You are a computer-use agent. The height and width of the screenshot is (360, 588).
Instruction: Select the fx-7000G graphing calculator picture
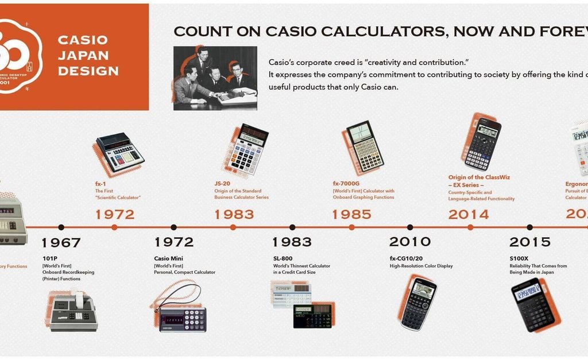(364, 146)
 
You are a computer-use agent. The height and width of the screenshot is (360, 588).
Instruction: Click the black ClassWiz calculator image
(482, 143)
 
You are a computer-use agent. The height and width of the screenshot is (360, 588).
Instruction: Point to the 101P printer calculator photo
(72, 310)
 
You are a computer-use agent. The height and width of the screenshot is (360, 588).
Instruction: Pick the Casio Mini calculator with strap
(182, 313)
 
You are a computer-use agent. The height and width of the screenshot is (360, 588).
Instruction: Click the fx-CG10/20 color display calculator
(418, 303)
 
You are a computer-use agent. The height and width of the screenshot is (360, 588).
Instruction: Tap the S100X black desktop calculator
(533, 304)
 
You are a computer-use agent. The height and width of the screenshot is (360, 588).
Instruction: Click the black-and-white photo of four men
(215, 78)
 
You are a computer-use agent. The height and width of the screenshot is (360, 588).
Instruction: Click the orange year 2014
(469, 215)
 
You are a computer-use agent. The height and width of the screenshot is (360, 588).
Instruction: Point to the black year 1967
(61, 242)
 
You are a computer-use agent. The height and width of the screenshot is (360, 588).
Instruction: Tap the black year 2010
(410, 242)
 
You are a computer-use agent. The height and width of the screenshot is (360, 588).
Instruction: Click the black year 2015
(529, 242)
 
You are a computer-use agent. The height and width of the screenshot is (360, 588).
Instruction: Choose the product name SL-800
(283, 258)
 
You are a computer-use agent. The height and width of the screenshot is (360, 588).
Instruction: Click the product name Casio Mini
(168, 258)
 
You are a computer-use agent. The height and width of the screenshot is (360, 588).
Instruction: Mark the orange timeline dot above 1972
(114, 227)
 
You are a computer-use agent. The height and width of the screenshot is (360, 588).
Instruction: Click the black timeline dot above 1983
(292, 227)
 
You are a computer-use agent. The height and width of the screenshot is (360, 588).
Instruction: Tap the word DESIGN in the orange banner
(88, 71)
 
